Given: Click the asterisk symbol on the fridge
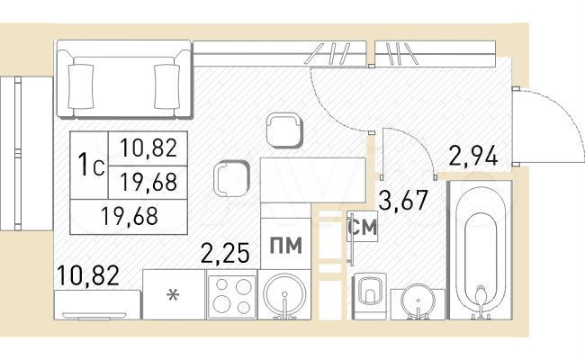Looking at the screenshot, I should pyautogui.click(x=173, y=294).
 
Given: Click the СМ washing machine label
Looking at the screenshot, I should pyautogui.click(x=363, y=229).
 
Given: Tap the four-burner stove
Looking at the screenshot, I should pyautogui.click(x=232, y=295).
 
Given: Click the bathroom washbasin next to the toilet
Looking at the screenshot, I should pyautogui.click(x=417, y=299).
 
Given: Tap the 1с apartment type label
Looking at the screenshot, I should pyautogui.click(x=90, y=166).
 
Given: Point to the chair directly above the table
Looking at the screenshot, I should pyautogui.click(x=283, y=130).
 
